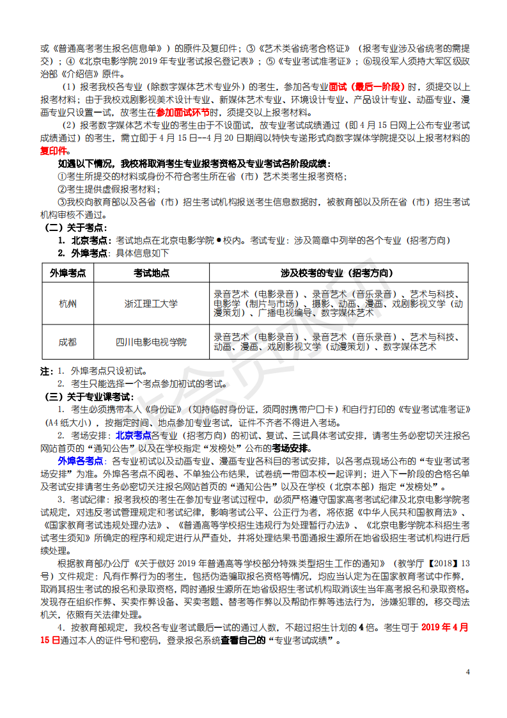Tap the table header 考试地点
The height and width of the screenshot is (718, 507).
[152, 273]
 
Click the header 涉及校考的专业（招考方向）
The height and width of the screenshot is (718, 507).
[338, 273]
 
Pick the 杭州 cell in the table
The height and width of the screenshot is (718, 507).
[67, 304]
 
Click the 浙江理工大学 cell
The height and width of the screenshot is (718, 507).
[152, 304]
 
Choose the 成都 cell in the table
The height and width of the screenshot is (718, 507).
[67, 342]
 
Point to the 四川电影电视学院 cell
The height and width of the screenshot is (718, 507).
[152, 342]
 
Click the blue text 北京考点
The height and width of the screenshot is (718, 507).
[133, 435]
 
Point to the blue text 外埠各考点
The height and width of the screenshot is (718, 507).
[81, 461]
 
